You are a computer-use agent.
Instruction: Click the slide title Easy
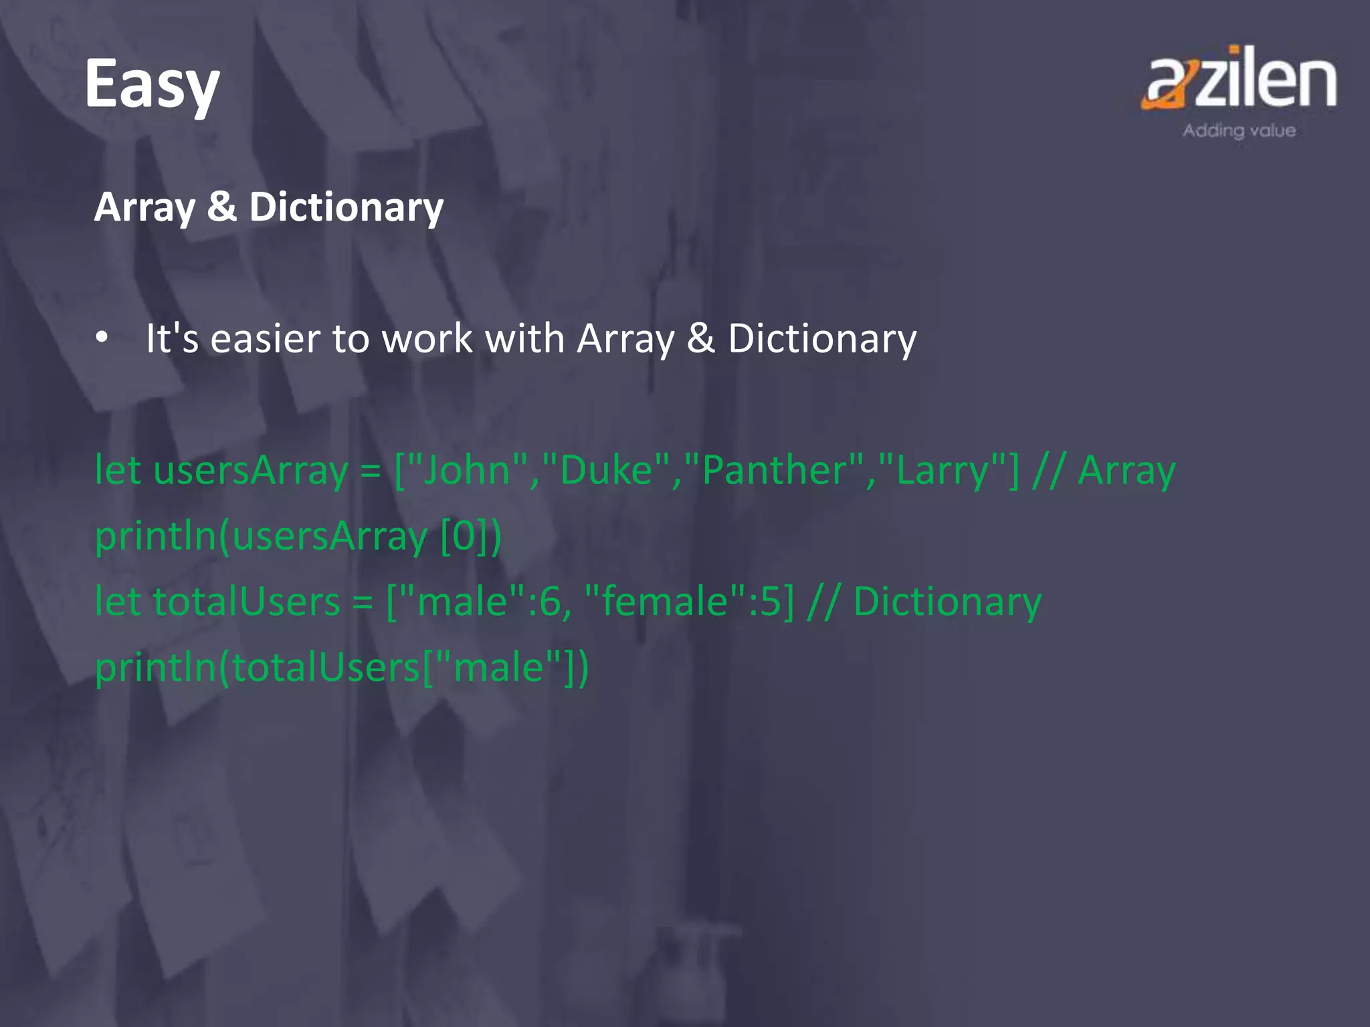click(x=152, y=85)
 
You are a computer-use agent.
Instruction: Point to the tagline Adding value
click(x=1239, y=130)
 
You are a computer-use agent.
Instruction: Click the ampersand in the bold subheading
click(x=221, y=206)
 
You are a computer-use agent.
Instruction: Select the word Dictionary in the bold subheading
click(x=346, y=207)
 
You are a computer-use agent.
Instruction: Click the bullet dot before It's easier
click(x=102, y=337)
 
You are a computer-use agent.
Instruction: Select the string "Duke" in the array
click(x=606, y=470)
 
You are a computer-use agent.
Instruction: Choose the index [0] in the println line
click(x=464, y=536)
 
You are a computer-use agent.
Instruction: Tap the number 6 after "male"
click(x=550, y=601)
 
